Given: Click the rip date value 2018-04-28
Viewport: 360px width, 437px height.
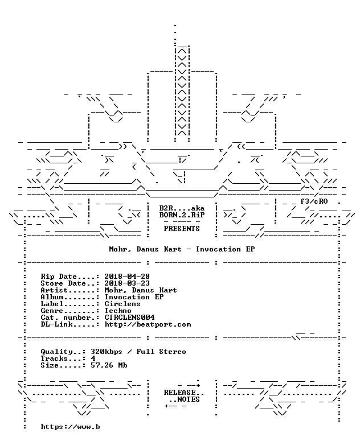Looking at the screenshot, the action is pyautogui.click(x=127, y=277).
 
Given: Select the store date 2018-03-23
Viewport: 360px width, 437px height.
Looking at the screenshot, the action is pyautogui.click(x=127, y=283).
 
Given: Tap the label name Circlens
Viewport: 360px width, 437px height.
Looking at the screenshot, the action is pyautogui.click(x=122, y=304).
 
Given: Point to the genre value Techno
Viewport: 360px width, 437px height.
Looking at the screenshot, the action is pyautogui.click(x=118, y=311).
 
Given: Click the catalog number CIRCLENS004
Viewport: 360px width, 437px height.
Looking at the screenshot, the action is pyautogui.click(x=129, y=318).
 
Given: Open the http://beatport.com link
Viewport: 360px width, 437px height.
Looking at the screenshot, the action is pyautogui.click(x=148, y=324).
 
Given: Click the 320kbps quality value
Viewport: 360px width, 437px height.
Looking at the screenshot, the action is pyautogui.click(x=107, y=352).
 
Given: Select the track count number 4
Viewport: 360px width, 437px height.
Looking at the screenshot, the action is pyautogui.click(x=93, y=358).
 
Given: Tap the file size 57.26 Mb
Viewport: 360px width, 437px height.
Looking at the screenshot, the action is pyautogui.click(x=109, y=365).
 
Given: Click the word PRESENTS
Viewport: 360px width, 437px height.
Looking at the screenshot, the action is pyautogui.click(x=182, y=229).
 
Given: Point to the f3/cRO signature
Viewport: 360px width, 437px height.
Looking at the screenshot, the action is pyautogui.click(x=314, y=201).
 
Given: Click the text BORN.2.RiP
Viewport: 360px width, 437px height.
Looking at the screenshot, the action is pyautogui.click(x=182, y=215).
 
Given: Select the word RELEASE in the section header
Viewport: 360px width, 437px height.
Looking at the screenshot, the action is pyautogui.click(x=179, y=393).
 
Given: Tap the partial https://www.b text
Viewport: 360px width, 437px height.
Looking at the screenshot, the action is pyautogui.click(x=70, y=427).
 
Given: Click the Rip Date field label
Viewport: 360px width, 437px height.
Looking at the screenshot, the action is pyautogui.click(x=59, y=277).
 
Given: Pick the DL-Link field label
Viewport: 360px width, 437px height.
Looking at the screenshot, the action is pyautogui.click(x=56, y=324).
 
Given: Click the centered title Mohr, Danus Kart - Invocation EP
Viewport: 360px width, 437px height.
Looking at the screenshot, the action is pyautogui.click(x=182, y=249).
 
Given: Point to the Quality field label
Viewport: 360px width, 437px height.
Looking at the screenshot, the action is pyautogui.click(x=56, y=352).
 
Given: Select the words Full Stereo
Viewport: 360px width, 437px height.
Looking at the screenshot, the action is pyautogui.click(x=161, y=352).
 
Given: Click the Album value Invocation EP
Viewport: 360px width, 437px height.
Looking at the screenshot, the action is pyautogui.click(x=134, y=297).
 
